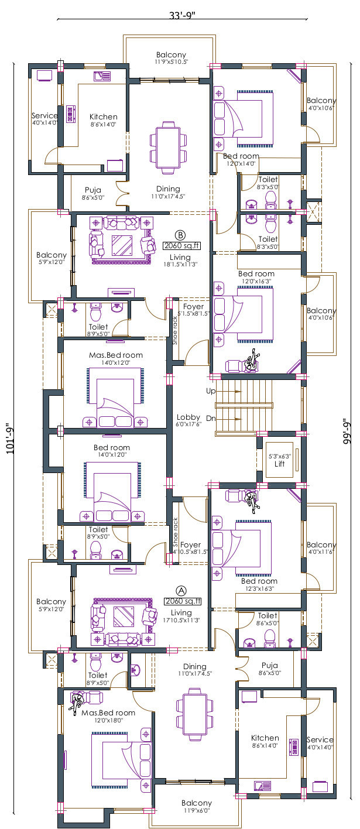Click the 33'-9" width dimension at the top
(x=181, y=15)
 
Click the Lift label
(x=280, y=464)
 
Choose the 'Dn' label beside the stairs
(x=211, y=419)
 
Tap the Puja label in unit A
(x=269, y=666)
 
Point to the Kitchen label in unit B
(x=104, y=117)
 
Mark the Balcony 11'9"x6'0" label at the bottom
(x=197, y=803)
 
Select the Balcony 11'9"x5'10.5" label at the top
(x=171, y=54)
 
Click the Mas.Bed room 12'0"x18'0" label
(x=108, y=712)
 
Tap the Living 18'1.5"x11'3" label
(x=180, y=258)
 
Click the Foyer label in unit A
(x=191, y=544)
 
